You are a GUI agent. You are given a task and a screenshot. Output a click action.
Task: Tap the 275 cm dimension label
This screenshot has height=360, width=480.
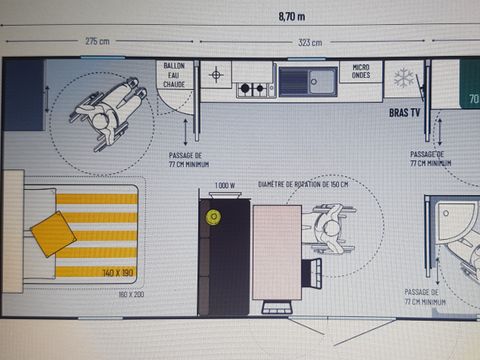pyautogui.click(x=97, y=42)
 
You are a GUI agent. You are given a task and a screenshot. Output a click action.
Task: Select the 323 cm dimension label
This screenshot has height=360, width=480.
pyautogui.click(x=310, y=42)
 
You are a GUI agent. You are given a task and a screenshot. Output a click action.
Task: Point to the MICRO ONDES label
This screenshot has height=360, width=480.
pyautogui.click(x=359, y=72)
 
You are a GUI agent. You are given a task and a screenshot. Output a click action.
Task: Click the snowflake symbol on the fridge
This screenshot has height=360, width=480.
pyautogui.click(x=404, y=78)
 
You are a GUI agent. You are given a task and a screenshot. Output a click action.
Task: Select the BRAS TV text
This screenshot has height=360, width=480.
pyautogui.click(x=405, y=113)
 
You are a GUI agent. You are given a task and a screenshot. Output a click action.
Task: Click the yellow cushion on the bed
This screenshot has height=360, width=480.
pyautogui.click(x=53, y=233)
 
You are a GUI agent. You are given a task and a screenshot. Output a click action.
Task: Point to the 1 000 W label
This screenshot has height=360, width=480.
pyautogui.click(x=225, y=185)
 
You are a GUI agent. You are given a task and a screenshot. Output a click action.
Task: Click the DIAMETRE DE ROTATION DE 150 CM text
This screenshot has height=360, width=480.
pyautogui.click(x=303, y=185)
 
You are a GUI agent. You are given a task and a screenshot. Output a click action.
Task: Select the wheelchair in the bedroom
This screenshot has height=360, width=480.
pyautogui.click(x=107, y=108)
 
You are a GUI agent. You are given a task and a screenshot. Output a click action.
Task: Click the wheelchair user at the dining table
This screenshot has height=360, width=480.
pyautogui.click(x=330, y=230)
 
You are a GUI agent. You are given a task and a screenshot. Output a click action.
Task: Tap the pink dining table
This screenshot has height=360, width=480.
pyautogui.click(x=276, y=250)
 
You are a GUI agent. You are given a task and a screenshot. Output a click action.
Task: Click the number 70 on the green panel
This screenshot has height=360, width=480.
pyautogui.click(x=473, y=100)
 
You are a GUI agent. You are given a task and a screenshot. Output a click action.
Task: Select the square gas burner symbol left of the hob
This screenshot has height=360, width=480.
pyautogui.click(x=216, y=74)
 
